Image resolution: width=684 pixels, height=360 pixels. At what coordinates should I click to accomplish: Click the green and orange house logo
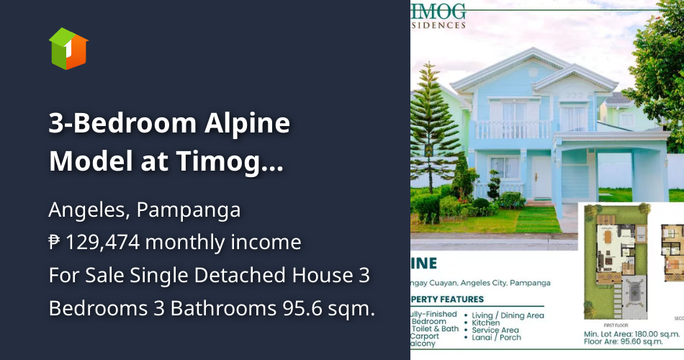click(68, 48)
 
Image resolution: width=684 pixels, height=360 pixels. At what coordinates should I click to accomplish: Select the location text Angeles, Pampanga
click(144, 211)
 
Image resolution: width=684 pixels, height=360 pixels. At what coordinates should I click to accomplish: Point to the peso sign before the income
click(55, 243)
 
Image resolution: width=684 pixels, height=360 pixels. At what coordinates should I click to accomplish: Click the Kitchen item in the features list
click(487, 323)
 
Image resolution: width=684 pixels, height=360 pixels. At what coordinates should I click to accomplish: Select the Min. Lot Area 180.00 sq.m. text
click(631, 335)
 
